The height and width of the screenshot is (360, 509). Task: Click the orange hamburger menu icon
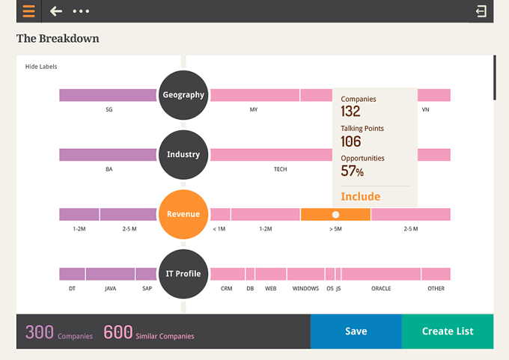[x=29, y=11]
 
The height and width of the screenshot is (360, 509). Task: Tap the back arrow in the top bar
[x=56, y=11]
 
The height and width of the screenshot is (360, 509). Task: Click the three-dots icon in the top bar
[x=81, y=11]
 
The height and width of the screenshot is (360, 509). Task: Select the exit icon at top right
[x=481, y=11]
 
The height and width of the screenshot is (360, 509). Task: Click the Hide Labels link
[x=41, y=67]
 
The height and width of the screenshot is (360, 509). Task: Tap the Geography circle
[x=183, y=95]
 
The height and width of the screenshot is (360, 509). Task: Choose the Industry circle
[x=183, y=154]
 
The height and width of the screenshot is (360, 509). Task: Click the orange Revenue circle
[x=183, y=214]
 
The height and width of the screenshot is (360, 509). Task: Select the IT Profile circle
[x=183, y=274]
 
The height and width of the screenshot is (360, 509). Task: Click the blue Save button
[x=356, y=331]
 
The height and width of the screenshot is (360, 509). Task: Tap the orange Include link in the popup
[x=360, y=196]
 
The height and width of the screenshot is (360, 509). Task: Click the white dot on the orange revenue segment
[x=335, y=215]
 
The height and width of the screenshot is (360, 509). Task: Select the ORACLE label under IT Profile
[x=381, y=288]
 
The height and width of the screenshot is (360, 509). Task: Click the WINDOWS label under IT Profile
[x=305, y=288]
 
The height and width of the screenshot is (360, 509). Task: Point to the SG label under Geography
[x=109, y=109]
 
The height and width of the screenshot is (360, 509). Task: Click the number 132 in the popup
[x=350, y=112]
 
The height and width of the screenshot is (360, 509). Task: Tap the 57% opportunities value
[x=353, y=171]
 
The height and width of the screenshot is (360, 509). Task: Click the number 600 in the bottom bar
[x=118, y=332]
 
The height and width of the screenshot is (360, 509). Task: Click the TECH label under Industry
[x=280, y=169]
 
